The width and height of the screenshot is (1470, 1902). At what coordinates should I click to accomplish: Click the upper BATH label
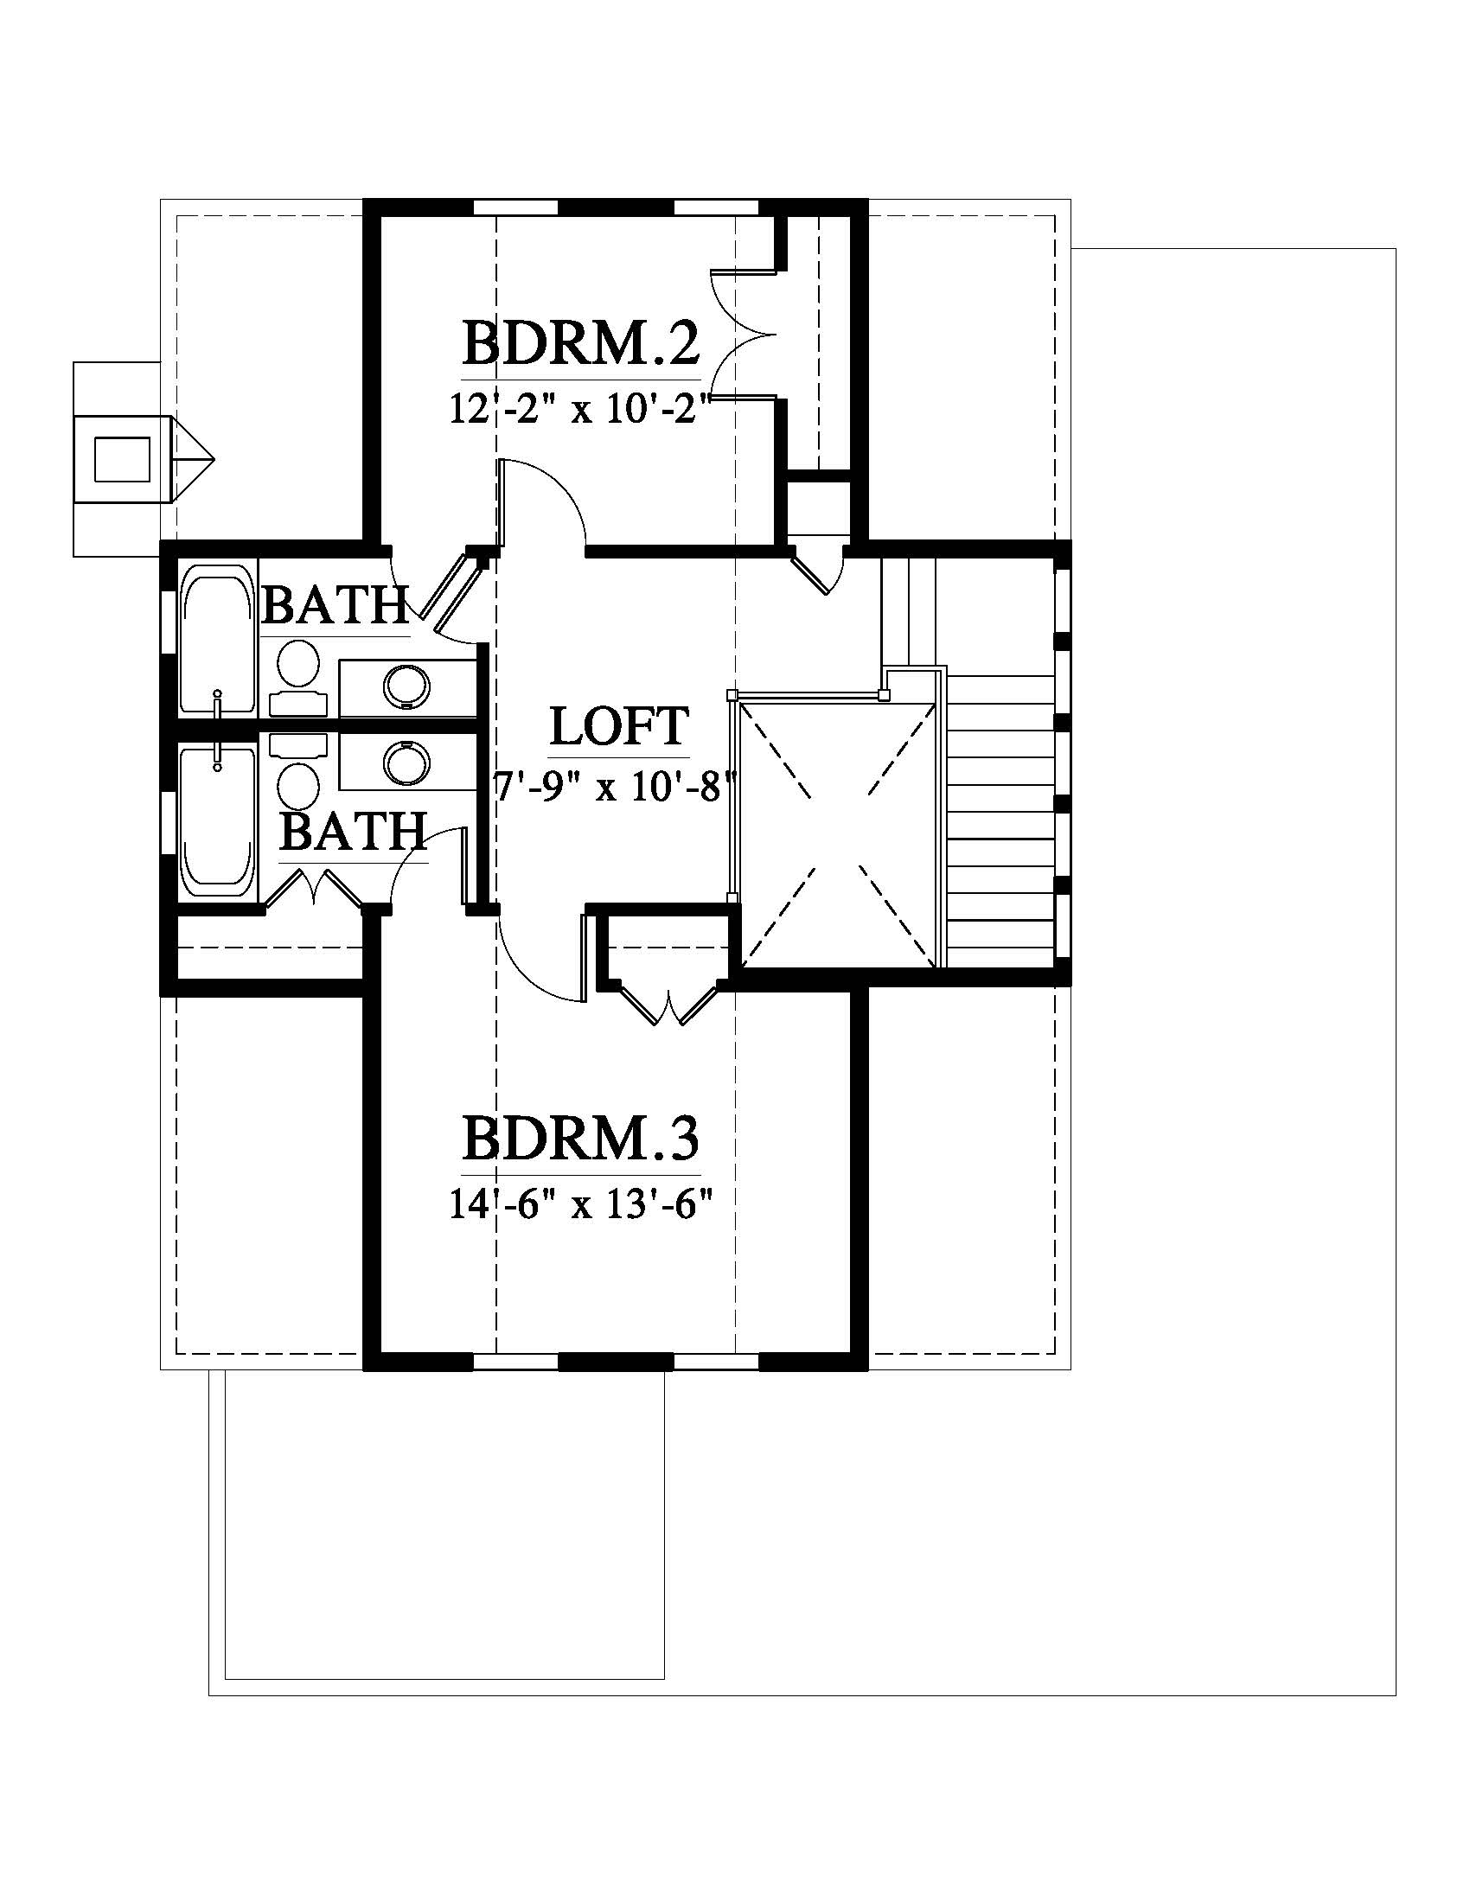coord(336,605)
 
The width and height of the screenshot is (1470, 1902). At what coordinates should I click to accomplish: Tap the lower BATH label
coord(354,832)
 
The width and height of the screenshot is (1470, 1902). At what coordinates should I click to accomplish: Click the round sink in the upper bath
coord(406,686)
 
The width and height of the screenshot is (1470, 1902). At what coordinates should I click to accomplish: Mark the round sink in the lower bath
coord(406,763)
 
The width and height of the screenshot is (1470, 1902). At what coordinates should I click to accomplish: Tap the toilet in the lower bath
coord(297,771)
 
